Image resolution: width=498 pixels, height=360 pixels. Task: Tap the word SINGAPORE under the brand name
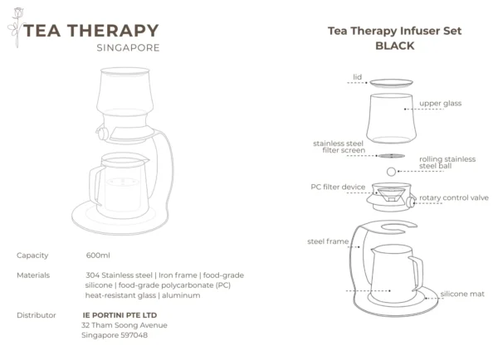(x=128, y=48)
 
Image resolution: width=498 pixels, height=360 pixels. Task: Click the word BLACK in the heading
(x=395, y=46)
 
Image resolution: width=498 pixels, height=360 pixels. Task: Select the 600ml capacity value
(x=98, y=255)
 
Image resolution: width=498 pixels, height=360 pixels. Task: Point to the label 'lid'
(x=357, y=77)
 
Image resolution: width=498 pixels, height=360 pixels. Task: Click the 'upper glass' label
(x=440, y=104)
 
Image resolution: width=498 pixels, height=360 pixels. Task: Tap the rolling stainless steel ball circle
(x=391, y=172)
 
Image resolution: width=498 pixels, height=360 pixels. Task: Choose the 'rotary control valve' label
(x=454, y=197)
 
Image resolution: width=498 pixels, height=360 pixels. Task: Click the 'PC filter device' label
(x=338, y=187)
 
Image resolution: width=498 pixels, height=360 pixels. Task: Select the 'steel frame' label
(x=328, y=241)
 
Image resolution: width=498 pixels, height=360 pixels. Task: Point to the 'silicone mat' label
(x=462, y=294)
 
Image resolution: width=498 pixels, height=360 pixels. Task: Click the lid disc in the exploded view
(x=391, y=83)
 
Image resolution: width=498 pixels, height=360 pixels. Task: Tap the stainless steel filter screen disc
(x=392, y=156)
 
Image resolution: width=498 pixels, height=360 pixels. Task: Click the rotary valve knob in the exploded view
(x=411, y=202)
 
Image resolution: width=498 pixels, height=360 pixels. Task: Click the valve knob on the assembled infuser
(x=101, y=134)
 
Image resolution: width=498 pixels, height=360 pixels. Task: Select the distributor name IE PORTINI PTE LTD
(x=120, y=315)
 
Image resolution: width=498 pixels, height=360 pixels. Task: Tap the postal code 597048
(x=134, y=335)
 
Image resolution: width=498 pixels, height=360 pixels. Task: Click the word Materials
(x=33, y=275)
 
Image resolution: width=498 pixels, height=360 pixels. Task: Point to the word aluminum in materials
(x=181, y=295)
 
